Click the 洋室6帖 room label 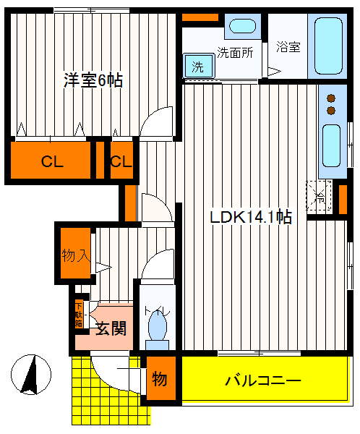92,80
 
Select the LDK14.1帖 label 251,217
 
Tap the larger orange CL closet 51,161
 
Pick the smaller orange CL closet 121,161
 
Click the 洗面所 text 235,52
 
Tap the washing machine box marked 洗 197,67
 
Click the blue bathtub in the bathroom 330,46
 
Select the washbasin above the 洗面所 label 240,28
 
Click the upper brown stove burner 332,98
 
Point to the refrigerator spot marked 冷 319,194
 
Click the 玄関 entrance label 111,329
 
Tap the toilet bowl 156,327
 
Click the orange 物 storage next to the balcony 159,379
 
